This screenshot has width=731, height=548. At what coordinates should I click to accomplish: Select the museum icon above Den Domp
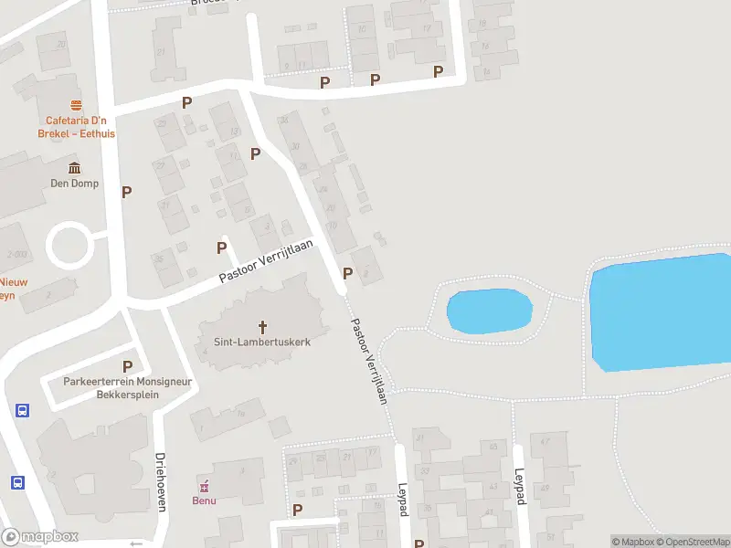click(x=74, y=168)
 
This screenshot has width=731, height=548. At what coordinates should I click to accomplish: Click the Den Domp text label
click(x=74, y=184)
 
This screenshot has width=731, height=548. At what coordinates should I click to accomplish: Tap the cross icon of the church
click(x=263, y=326)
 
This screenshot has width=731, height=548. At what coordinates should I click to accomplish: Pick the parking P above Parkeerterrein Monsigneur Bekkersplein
click(x=127, y=366)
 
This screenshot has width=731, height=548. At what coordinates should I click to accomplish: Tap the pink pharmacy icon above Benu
click(x=204, y=485)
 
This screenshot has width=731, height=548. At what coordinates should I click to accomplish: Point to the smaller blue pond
click(x=489, y=311)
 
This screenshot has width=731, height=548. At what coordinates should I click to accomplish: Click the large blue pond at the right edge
click(x=662, y=311)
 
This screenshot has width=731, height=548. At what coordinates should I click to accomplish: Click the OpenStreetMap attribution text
click(x=691, y=542)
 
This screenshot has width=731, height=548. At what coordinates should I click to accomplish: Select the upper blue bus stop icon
click(x=22, y=411)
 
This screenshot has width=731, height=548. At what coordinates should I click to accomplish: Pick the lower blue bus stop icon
click(x=17, y=482)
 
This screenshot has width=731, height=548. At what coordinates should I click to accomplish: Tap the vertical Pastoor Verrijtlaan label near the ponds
click(x=371, y=361)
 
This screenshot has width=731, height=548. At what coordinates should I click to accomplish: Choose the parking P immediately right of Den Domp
click(x=127, y=192)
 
